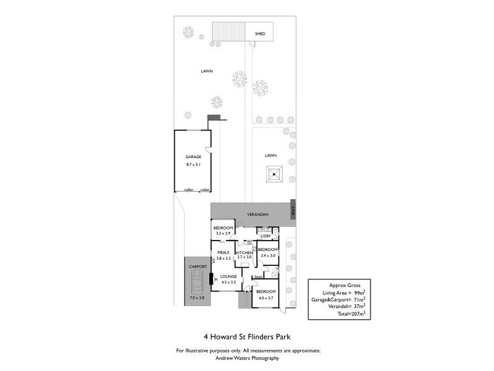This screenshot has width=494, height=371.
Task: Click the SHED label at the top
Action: point(260,34)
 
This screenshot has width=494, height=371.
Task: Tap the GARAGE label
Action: point(193,157)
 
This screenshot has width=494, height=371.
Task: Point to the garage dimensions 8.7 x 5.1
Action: point(193,164)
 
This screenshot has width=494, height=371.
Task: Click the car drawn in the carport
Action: point(198,285)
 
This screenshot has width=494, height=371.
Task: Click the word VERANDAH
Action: point(257,213)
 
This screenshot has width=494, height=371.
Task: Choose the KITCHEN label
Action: point(244,253)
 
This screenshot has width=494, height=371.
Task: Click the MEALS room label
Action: point(223,252)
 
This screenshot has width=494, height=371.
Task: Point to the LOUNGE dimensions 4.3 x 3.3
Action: point(228,282)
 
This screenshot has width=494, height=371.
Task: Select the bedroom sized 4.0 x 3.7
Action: point(266,294)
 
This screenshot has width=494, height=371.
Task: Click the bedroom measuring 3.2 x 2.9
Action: point(223,231)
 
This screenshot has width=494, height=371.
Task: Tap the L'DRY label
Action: point(266,236)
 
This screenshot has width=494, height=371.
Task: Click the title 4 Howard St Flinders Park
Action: point(247,337)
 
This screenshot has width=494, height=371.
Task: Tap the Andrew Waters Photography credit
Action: point(247,358)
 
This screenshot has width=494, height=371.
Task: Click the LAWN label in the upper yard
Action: point(206,71)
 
